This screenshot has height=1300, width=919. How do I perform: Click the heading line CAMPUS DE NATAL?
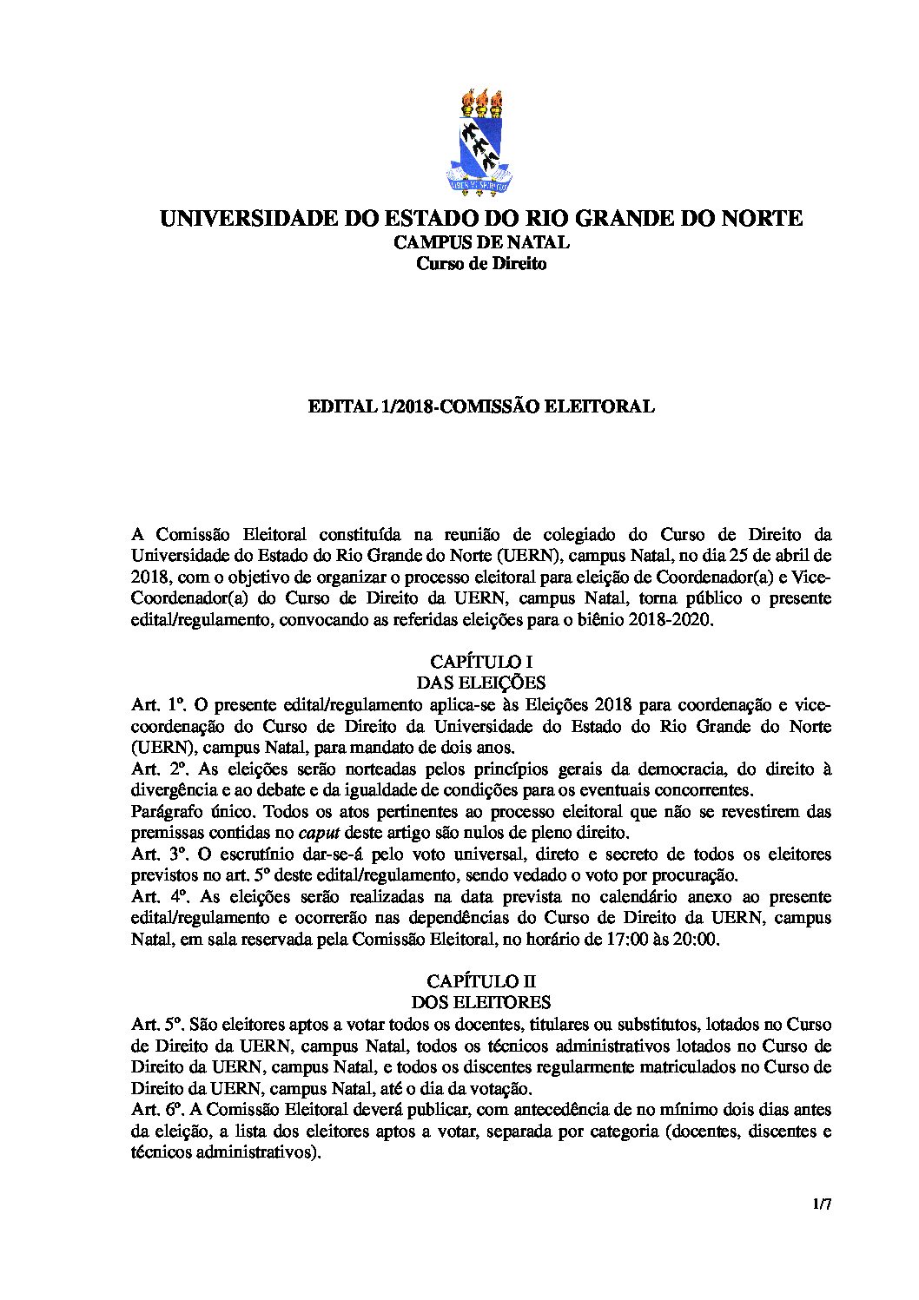coord(480,242)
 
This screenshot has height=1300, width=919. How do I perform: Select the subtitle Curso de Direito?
coord(480,264)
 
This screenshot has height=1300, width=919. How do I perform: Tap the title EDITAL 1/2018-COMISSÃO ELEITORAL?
coord(480,406)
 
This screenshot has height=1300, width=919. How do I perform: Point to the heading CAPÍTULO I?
coord(480,662)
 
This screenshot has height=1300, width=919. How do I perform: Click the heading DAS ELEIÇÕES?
coord(480,683)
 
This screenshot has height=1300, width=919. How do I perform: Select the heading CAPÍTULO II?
coord(480,982)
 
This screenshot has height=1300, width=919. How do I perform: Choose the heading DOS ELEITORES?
coord(480,1003)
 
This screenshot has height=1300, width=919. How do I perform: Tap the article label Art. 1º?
coord(154,704)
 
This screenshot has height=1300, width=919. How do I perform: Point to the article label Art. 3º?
coord(154,854)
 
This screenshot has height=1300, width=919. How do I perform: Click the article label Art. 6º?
coord(154,1110)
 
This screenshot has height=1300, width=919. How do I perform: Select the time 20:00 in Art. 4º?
coord(696,939)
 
